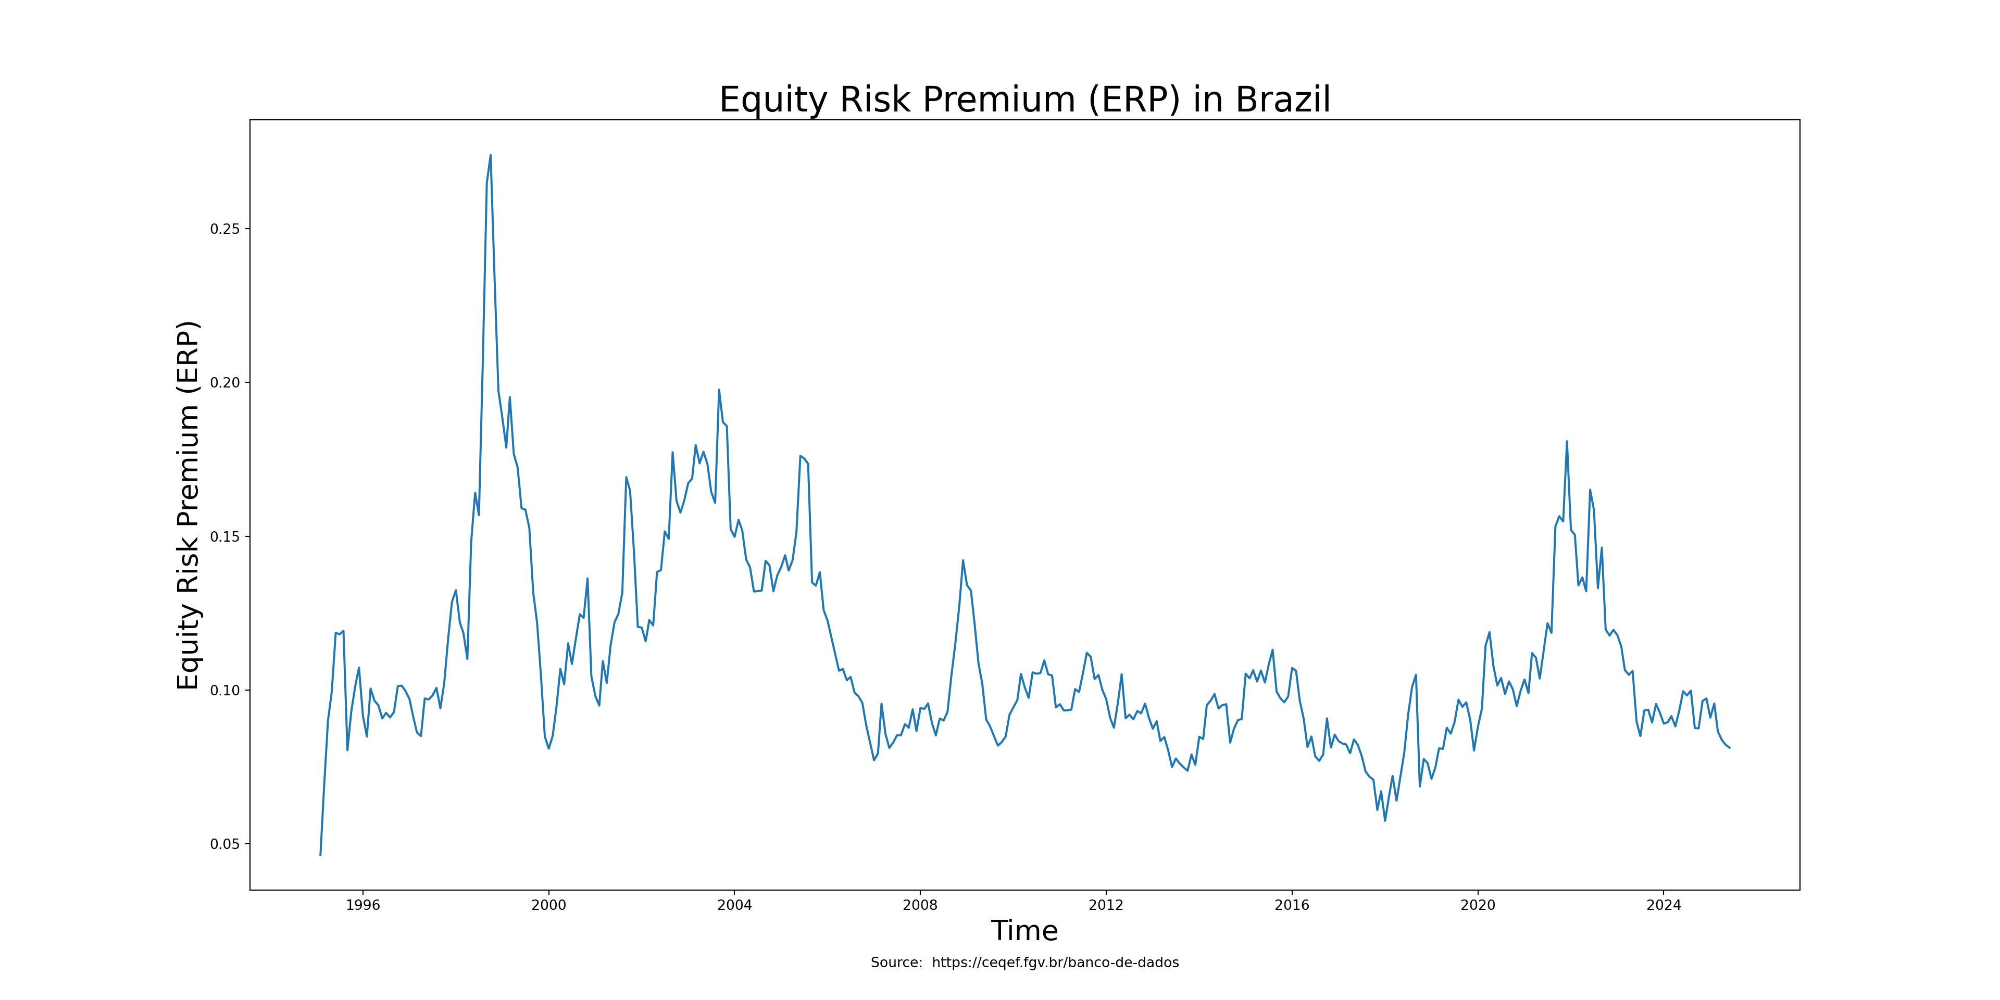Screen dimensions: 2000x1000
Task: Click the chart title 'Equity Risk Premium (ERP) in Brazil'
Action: pyautogui.click(x=1025, y=100)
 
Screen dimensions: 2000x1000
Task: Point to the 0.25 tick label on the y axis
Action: pyautogui.click(x=225, y=229)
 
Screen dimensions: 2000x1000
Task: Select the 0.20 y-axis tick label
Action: pyautogui.click(x=225, y=383)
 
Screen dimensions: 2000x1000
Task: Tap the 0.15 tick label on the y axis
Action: pyautogui.click(x=225, y=536)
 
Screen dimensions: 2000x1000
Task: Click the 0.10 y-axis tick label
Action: pyautogui.click(x=225, y=690)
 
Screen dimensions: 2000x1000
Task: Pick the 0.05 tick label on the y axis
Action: pyautogui.click(x=225, y=844)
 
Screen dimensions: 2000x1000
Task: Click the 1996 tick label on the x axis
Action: pyautogui.click(x=362, y=905)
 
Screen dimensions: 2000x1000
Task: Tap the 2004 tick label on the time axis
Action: pyautogui.click(x=734, y=905)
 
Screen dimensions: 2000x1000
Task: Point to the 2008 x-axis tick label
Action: pyautogui.click(x=920, y=905)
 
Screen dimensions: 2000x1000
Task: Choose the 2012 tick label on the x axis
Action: pyautogui.click(x=1106, y=905)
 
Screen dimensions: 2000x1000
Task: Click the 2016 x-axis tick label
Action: pyautogui.click(x=1292, y=905)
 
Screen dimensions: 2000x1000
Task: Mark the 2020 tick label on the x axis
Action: pyautogui.click(x=1478, y=905)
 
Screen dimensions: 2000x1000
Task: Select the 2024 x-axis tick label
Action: pyautogui.click(x=1663, y=905)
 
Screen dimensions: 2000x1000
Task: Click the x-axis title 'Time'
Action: pyautogui.click(x=1025, y=931)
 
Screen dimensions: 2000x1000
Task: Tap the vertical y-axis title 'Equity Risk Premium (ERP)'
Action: pyautogui.click(x=189, y=505)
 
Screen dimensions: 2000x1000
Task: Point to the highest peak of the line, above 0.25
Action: pyautogui.click(x=490, y=155)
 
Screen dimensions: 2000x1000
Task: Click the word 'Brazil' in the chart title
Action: pyautogui.click(x=1283, y=100)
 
